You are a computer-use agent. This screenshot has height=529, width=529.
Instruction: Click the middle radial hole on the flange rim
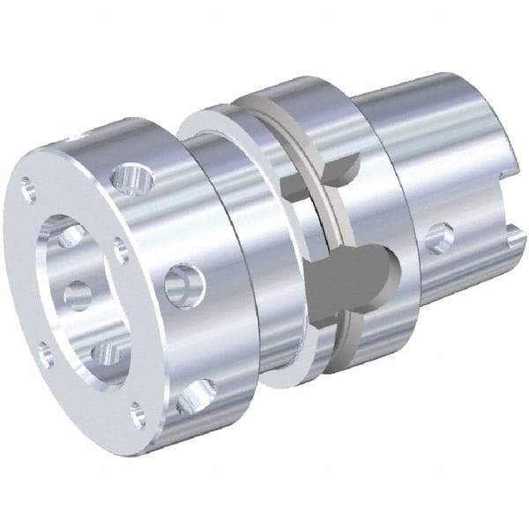[x=184, y=286]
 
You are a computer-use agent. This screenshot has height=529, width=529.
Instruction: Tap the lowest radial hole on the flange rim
[x=195, y=398]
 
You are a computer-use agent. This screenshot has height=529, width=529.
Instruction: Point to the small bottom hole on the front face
[x=137, y=414]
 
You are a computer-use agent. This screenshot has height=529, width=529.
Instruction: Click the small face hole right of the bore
[x=120, y=252]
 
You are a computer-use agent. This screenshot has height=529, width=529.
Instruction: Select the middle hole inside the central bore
[x=78, y=293]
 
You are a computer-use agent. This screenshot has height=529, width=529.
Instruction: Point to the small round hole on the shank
[x=437, y=237]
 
